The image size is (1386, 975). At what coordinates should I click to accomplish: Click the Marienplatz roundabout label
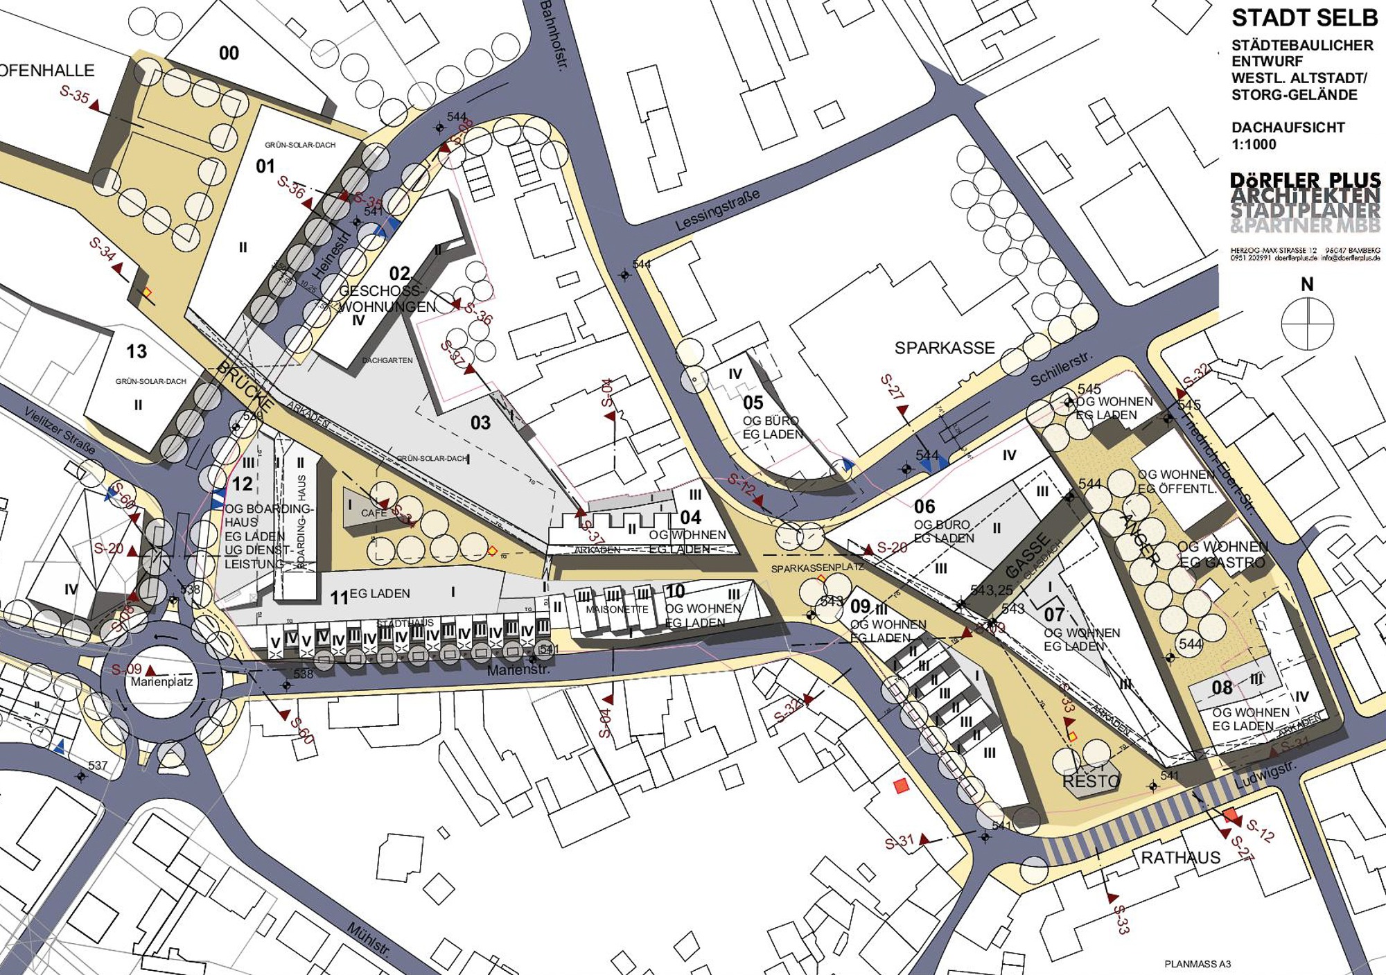(x=161, y=682)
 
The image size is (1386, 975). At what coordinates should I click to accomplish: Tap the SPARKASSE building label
(x=944, y=348)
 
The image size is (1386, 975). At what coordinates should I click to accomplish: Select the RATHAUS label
(x=1180, y=858)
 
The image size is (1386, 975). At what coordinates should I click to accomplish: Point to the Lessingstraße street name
(x=717, y=209)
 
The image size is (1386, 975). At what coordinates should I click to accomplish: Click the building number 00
(x=229, y=53)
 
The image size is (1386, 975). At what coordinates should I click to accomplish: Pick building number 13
(x=137, y=352)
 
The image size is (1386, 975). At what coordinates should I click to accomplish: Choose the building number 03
(x=480, y=423)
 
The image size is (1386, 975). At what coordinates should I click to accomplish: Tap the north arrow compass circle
(x=1307, y=324)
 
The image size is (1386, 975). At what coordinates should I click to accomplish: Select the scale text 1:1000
(x=1254, y=145)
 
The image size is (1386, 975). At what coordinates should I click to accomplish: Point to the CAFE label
(x=374, y=513)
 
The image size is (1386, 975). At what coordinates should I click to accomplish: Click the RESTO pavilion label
(x=1091, y=782)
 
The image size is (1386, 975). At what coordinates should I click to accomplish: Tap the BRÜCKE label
(x=245, y=385)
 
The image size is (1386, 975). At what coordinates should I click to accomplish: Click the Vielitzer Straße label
(x=60, y=430)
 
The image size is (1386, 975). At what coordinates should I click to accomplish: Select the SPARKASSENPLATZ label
(x=818, y=568)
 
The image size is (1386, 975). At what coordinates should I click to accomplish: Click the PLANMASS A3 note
(x=1198, y=964)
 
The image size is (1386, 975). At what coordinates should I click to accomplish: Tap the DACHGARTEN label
(x=387, y=360)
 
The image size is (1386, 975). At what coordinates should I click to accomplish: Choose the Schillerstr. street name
(x=1060, y=369)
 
